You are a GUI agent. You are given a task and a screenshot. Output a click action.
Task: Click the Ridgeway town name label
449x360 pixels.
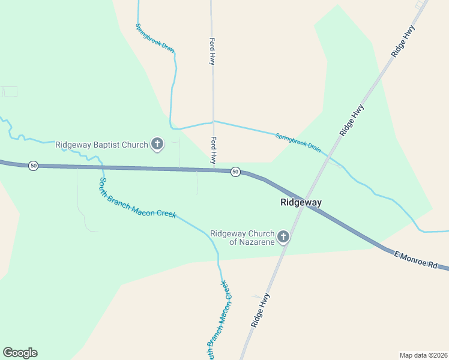coord(301,203)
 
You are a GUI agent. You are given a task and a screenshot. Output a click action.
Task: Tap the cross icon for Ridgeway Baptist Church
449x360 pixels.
coord(157,144)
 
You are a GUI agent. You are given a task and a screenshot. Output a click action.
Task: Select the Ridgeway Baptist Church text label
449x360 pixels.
coord(101,145)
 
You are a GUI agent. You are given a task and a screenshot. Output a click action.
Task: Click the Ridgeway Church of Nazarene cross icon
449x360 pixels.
coord(283,237)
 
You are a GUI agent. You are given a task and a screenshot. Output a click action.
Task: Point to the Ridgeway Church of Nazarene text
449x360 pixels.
coord(242,237)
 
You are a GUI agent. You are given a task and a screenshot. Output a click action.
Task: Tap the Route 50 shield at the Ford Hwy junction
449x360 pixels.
coord(235,172)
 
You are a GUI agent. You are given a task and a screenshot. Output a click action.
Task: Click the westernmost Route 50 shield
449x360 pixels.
coord(34,166)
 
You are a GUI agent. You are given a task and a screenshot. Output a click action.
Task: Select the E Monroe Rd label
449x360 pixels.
coord(415,260)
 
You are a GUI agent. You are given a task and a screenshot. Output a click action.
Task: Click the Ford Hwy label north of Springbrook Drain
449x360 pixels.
coord(212,52)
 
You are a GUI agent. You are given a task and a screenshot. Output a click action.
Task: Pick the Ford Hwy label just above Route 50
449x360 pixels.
coord(213,150)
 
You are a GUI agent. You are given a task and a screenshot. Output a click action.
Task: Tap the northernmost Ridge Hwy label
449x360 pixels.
coord(403,41)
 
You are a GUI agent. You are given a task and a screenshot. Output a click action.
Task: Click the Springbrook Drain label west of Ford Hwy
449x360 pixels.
coord(154,38)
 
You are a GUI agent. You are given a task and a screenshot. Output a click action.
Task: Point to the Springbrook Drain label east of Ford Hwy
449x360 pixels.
coord(298,142)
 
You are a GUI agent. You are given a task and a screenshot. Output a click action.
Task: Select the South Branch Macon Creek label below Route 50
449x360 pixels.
coord(137,198)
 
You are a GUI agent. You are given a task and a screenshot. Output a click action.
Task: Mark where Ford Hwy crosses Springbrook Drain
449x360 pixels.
coord(213,121)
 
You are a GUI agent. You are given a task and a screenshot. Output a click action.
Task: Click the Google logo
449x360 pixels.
coord(20,353)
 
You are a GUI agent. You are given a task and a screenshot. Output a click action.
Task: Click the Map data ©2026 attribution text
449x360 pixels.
coord(424,355)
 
